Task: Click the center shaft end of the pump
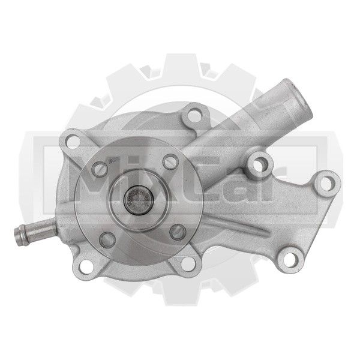click(139, 200)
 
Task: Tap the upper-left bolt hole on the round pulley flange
click(100, 169)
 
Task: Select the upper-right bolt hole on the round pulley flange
click(170, 162)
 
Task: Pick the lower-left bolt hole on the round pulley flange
click(107, 239)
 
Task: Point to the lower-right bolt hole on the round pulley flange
click(178, 232)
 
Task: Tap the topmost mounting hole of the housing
click(194, 116)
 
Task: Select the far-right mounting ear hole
click(326, 184)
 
